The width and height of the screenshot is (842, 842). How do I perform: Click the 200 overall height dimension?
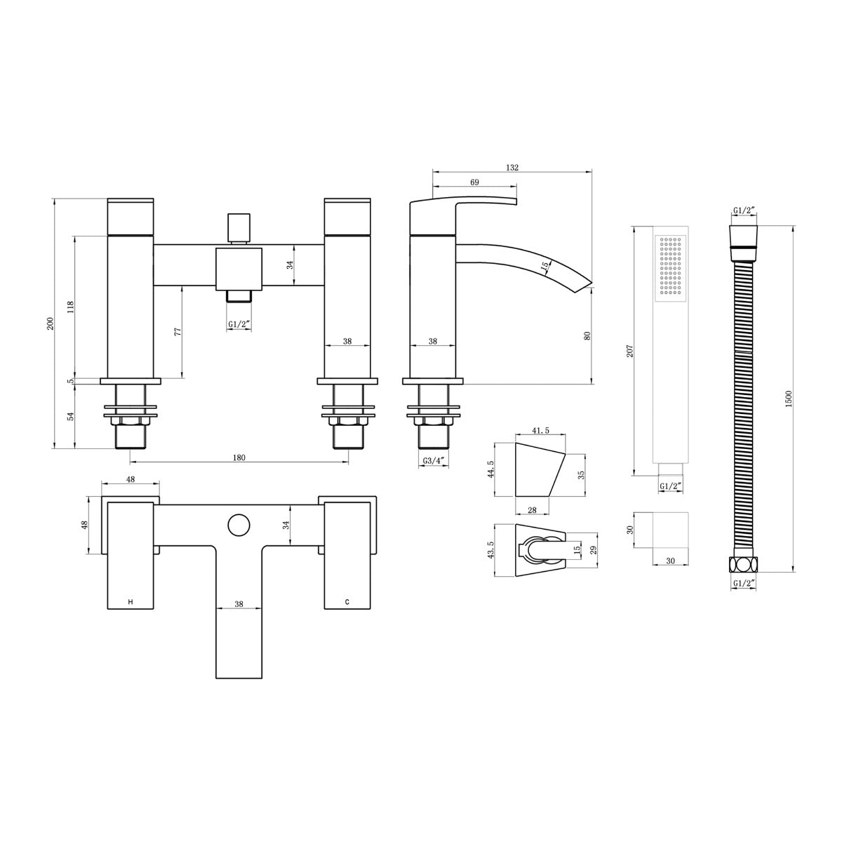click(50, 323)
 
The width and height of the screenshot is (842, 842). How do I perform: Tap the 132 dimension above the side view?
click(512, 167)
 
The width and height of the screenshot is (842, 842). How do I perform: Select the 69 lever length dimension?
click(474, 182)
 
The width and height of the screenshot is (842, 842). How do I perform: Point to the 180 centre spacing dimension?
click(239, 457)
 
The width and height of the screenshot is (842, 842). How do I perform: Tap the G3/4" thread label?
click(433, 461)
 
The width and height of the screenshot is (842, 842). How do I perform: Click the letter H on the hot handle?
click(130, 602)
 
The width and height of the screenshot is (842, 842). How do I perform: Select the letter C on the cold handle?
click(347, 602)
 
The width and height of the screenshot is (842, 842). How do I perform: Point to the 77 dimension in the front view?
click(178, 330)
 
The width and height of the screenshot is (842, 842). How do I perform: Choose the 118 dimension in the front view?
click(71, 307)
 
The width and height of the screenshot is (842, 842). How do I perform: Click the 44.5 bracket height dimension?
click(491, 469)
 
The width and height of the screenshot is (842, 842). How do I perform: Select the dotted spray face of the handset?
click(669, 270)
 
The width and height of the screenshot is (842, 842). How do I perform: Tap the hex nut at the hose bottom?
click(743, 564)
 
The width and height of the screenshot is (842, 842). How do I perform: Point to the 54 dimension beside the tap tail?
click(71, 415)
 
